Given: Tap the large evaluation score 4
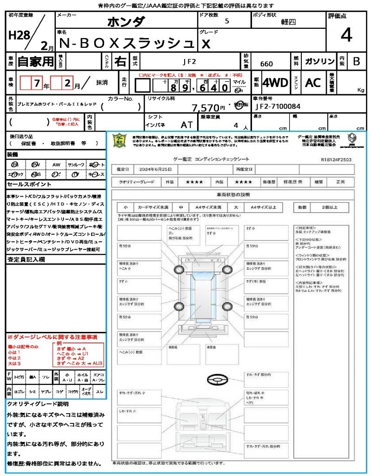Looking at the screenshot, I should [x=345, y=35].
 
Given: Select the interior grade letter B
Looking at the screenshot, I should [x=356, y=61].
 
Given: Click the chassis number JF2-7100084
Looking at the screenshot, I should [x=278, y=106].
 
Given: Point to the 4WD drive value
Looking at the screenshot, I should [x=275, y=83].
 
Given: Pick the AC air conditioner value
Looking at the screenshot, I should [x=312, y=83].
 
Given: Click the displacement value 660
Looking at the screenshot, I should [x=266, y=64].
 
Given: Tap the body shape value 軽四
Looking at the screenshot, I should [x=288, y=22].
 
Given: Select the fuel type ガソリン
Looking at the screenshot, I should [x=319, y=61].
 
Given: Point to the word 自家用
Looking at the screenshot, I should [x=36, y=61].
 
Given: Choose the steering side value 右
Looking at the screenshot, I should [x=120, y=61].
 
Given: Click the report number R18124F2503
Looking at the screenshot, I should [x=336, y=159].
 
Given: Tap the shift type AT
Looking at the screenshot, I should [x=187, y=125].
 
